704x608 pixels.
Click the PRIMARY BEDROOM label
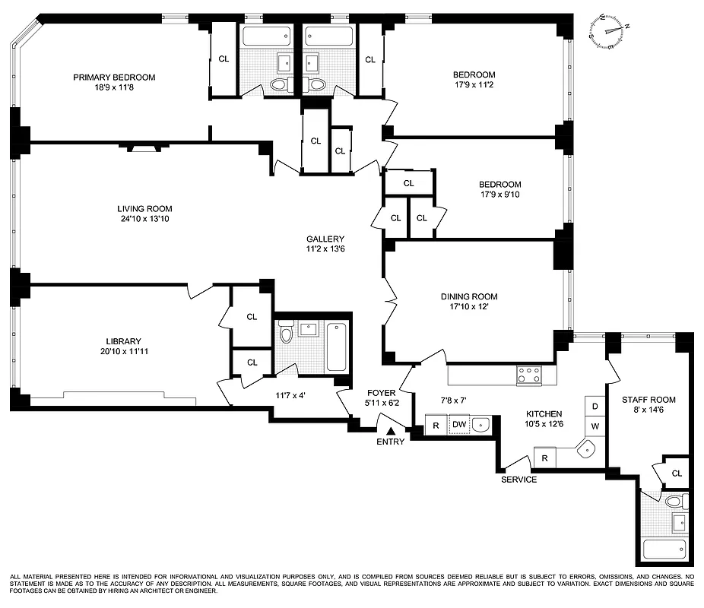click(x=114, y=77)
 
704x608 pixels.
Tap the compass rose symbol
click(x=610, y=30)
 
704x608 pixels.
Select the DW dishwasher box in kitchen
click(x=459, y=425)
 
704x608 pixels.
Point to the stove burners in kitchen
click(x=529, y=374)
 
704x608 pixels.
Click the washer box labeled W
click(x=595, y=426)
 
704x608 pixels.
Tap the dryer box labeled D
click(x=595, y=407)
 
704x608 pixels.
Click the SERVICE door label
click(x=518, y=480)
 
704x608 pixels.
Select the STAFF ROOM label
click(x=649, y=400)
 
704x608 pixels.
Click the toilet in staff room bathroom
click(x=674, y=502)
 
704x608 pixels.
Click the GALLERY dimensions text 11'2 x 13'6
click(x=325, y=249)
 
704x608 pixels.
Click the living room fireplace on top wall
click(x=139, y=149)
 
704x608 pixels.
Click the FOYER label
click(x=382, y=393)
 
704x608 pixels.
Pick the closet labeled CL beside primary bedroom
click(x=224, y=59)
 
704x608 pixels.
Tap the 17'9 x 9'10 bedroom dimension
click(x=499, y=195)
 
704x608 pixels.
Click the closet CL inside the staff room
click(x=676, y=473)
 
